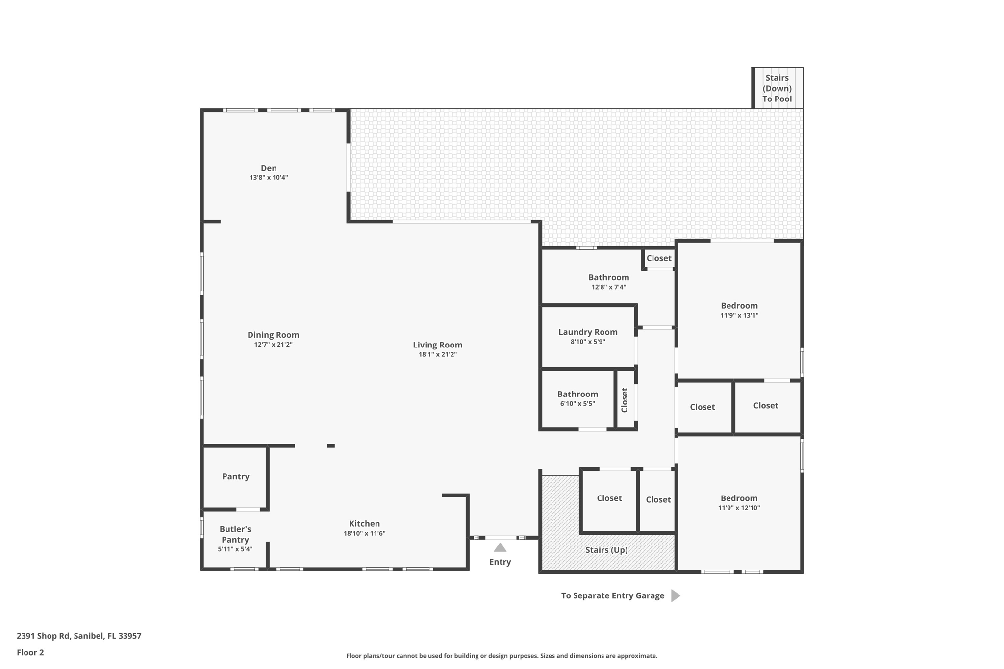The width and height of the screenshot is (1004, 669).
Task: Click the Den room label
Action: [x=269, y=168]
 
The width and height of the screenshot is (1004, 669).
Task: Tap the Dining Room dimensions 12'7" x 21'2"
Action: [x=273, y=345]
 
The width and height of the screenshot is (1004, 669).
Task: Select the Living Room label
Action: [x=437, y=345]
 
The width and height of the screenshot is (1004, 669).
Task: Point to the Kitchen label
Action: [x=364, y=523]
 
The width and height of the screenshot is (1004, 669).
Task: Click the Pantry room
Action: [x=235, y=476]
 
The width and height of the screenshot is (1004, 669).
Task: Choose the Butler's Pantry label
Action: [x=235, y=534]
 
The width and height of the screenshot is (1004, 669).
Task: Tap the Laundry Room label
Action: [x=588, y=332]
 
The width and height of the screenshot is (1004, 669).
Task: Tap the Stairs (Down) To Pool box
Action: [x=777, y=88]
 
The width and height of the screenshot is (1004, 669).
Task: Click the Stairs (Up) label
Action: [x=606, y=550]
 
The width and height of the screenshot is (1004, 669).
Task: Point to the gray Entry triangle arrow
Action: [x=500, y=547]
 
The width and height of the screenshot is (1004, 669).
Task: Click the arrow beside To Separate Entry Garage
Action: [x=676, y=595]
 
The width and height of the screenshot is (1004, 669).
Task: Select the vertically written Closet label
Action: [x=625, y=400]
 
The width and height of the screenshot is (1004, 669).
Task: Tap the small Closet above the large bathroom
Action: [x=658, y=258]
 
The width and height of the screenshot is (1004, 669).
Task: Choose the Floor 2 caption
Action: [x=30, y=652]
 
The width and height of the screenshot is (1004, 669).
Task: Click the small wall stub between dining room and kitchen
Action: [x=331, y=446]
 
